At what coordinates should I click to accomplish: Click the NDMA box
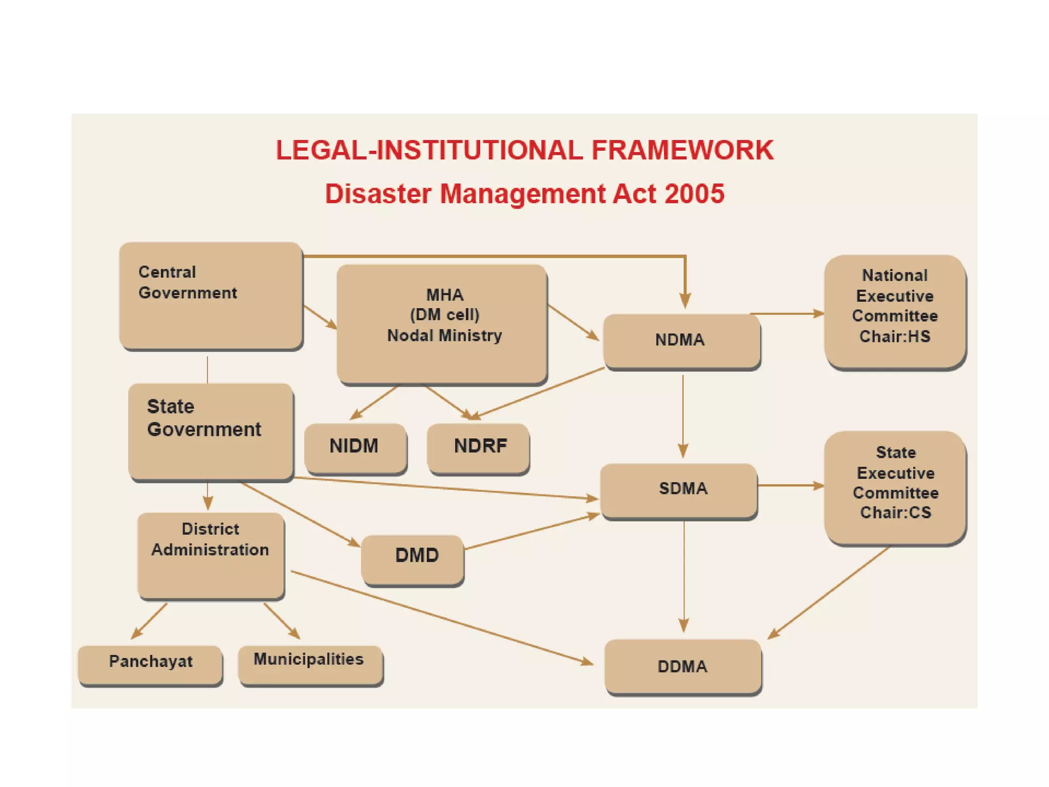[681, 340]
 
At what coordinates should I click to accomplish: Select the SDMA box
[679, 490]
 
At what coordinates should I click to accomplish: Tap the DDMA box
[682, 666]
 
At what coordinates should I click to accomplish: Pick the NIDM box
[355, 446]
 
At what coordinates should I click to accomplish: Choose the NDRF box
[478, 447]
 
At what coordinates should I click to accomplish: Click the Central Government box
[211, 296]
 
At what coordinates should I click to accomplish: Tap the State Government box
[211, 431]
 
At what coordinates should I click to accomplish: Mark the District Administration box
[211, 554]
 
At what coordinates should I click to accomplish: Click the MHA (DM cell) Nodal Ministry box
[442, 323]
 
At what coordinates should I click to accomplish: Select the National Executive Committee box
[894, 310]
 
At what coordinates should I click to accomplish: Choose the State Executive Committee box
[894, 487]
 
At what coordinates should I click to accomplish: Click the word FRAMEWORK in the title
[682, 151]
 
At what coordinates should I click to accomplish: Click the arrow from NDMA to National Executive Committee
[787, 314]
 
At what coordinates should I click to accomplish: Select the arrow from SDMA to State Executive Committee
[790, 485]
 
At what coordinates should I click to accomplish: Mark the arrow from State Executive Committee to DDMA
[829, 592]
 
